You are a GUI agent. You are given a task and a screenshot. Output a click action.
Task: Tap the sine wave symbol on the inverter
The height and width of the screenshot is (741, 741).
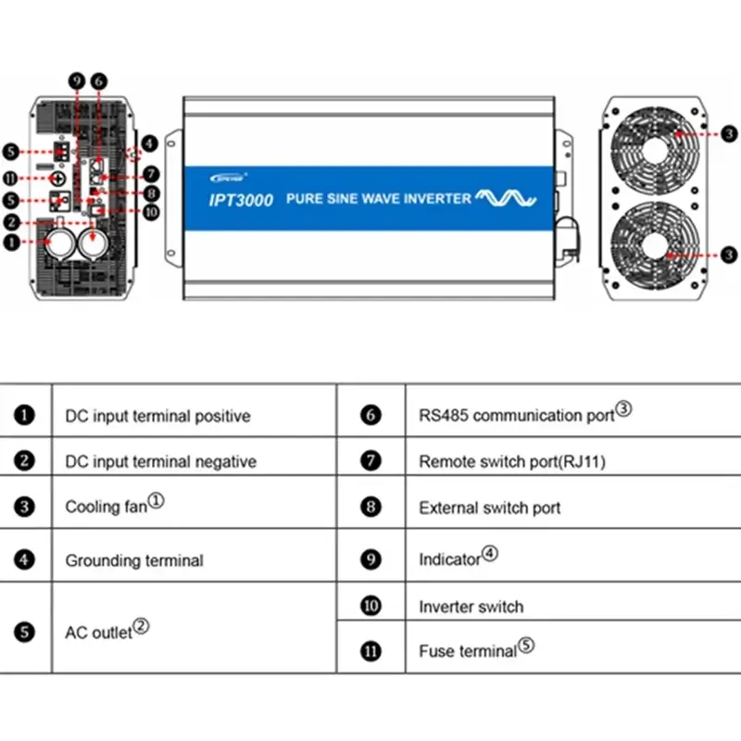pos(506,197)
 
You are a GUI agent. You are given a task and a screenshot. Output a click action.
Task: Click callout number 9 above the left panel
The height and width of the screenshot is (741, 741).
pos(77,82)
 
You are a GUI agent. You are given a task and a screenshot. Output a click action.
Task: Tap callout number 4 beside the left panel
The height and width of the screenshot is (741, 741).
pos(150,144)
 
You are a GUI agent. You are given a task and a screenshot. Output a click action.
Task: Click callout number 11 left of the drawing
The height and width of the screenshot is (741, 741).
pos(11,176)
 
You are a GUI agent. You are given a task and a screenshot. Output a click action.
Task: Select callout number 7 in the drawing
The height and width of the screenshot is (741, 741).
pos(150,174)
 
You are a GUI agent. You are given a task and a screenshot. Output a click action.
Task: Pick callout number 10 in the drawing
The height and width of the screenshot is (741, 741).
pos(150,211)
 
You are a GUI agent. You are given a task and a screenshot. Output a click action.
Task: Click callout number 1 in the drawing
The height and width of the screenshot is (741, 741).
pos(11,243)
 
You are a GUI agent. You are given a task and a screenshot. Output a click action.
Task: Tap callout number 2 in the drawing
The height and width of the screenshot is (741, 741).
pos(11,222)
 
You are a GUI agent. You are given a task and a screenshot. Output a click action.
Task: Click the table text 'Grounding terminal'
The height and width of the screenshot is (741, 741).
pos(134,560)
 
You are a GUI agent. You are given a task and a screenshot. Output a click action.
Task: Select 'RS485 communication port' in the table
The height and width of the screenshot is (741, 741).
pos(517,415)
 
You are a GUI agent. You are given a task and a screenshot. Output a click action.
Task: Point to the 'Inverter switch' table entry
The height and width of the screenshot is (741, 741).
pos(471,607)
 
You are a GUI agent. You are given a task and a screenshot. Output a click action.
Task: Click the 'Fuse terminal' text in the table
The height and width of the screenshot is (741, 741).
pos(468,651)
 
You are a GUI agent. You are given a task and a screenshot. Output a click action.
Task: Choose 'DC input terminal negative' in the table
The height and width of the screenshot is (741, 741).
pos(161,460)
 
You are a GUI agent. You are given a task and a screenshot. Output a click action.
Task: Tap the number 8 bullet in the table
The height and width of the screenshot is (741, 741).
pos(371,508)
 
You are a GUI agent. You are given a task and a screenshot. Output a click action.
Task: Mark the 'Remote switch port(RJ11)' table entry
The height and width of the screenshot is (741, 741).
pos(512,460)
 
